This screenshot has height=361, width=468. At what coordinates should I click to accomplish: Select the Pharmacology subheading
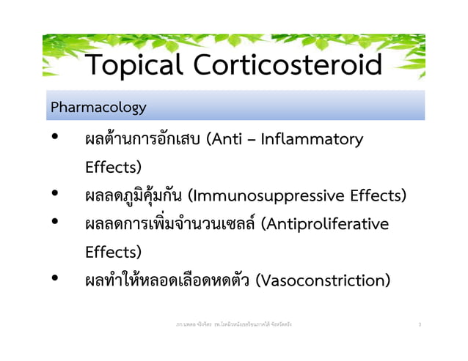coord(98,108)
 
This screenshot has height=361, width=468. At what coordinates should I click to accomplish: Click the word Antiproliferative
coord(330,224)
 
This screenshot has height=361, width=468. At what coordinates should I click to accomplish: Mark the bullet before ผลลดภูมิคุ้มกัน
coord(55,196)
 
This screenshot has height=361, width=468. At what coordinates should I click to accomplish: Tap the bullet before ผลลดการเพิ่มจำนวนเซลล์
coord(55,224)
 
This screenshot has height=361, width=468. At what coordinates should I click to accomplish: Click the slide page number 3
coord(418,323)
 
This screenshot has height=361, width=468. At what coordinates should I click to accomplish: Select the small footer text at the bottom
coord(233,323)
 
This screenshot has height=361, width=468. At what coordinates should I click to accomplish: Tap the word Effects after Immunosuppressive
coord(374,196)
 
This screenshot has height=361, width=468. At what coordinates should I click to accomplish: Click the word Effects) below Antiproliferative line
coord(114,253)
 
